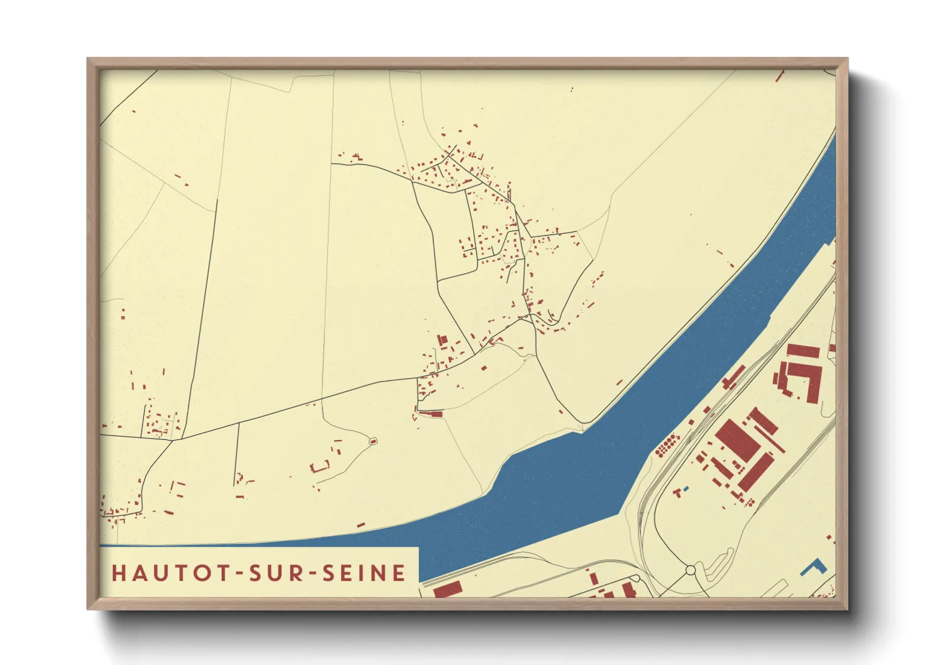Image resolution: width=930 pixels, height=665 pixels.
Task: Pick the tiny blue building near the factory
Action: click(686, 488)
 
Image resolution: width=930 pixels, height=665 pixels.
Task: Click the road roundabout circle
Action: click(691, 570)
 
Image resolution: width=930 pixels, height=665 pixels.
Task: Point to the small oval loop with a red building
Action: click(373, 441)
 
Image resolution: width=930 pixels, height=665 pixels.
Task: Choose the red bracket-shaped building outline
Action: click(320, 466)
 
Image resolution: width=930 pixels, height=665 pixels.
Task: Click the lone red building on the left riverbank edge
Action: click(361, 524)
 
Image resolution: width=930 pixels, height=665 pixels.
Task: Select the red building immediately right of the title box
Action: click(448, 590)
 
